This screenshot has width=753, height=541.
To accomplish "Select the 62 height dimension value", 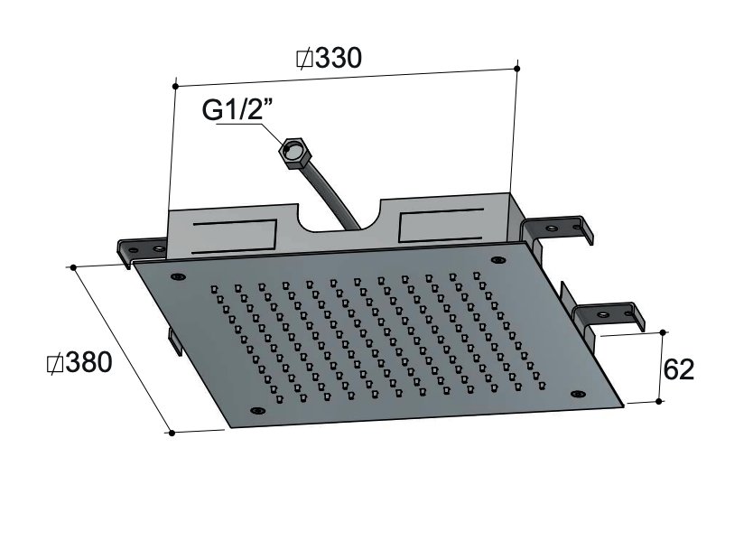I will point(678,368).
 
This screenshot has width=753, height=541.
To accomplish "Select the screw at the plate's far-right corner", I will point(497,260).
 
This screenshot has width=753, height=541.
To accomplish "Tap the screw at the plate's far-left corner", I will point(178,276).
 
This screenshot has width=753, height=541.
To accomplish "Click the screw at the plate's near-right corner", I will point(575,394).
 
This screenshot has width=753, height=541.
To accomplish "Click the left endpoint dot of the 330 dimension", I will point(172,87).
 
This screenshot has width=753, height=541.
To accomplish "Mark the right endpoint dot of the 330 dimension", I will point(516,68).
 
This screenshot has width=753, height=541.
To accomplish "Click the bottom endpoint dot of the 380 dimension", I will point(172,434).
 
